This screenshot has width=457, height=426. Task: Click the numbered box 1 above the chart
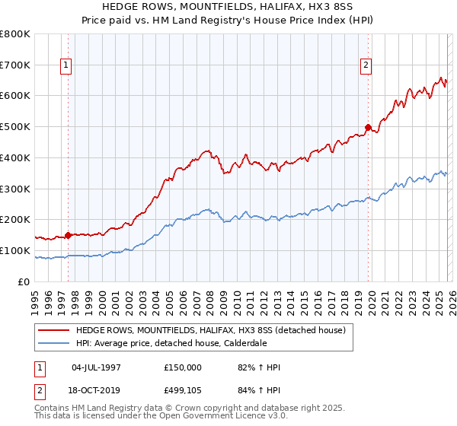pos(67,66)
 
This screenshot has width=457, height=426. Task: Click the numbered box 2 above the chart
pos(366,66)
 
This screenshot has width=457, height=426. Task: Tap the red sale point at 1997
pos(68,235)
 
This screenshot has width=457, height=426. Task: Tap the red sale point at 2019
pos(368,127)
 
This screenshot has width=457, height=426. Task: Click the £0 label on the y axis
pos(24,281)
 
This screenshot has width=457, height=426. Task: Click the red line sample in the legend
pos(54,330)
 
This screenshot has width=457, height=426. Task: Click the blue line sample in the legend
pos(54,343)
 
